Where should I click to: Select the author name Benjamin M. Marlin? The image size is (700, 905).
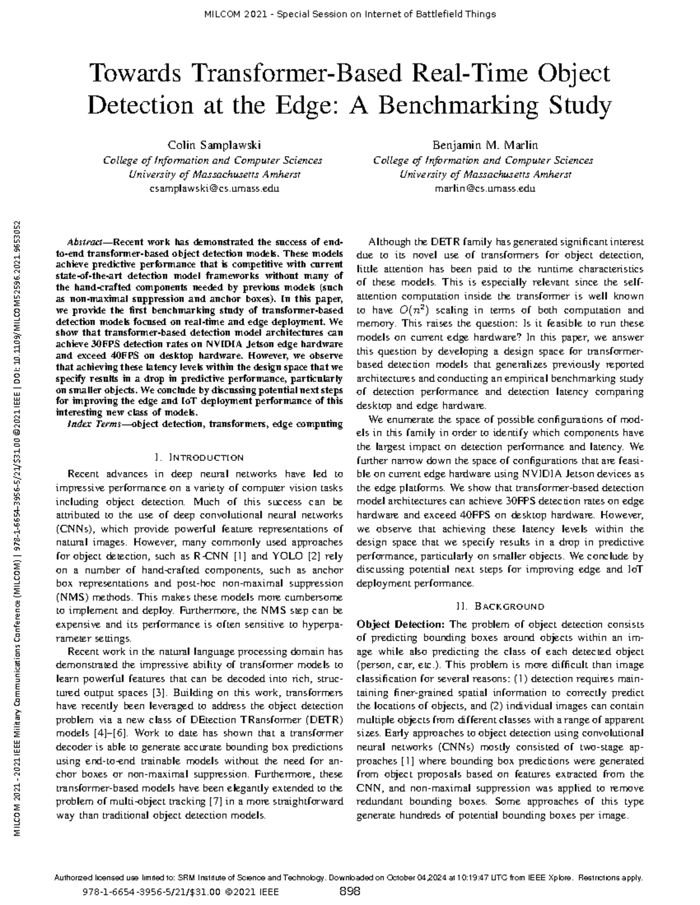pos(484,145)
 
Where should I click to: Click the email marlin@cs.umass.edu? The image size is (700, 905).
pos(484,188)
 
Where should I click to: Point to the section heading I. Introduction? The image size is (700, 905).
pos(198,457)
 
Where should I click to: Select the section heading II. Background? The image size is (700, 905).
pos(499,606)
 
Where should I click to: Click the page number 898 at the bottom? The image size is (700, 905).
pos(349,892)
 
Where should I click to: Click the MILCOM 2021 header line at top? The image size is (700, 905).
pos(350,14)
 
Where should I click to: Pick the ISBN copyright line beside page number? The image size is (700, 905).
pos(181,892)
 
